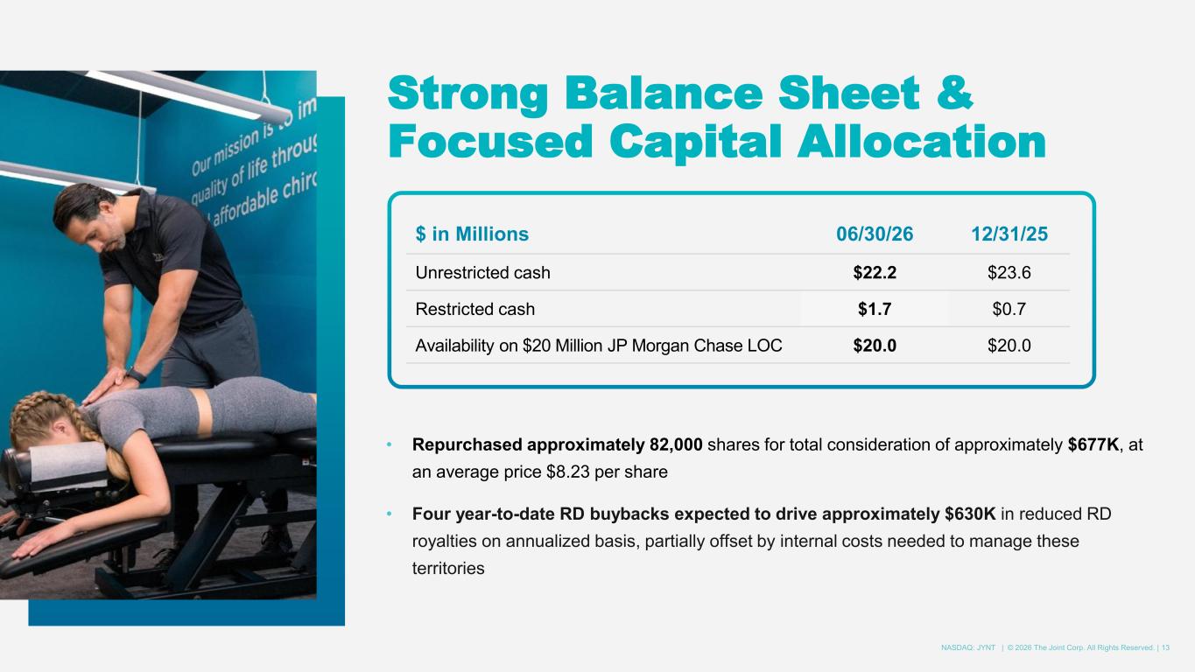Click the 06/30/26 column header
[875, 234]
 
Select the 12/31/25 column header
[1009, 234]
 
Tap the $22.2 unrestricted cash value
[875, 272]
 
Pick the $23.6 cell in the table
[1009, 272]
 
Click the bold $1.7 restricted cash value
[875, 309]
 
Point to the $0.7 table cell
[1009, 309]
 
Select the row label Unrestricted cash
[482, 272]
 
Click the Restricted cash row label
[474, 309]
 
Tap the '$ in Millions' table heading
[472, 234]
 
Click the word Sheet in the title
[849, 94]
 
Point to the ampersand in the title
[955, 94]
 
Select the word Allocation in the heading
[921, 142]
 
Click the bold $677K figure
[1093, 444]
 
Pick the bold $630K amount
[970, 514]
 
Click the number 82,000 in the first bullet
[676, 444]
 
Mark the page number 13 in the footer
[1165, 647]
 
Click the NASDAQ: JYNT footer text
[968, 647]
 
